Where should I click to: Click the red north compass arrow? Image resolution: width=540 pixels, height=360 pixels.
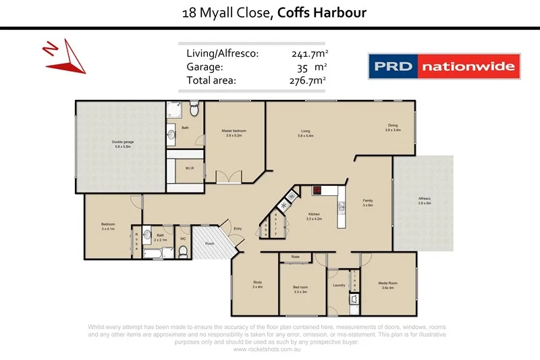point(67,57)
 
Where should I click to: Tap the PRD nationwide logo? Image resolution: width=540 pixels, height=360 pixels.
point(443,67)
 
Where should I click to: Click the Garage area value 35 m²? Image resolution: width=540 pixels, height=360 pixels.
point(310,67)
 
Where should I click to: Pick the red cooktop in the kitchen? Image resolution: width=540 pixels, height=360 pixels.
point(316,190)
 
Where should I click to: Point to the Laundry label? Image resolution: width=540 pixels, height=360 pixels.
point(339,285)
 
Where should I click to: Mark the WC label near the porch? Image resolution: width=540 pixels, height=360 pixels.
point(183,238)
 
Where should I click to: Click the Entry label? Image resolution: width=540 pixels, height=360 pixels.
point(238,228)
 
